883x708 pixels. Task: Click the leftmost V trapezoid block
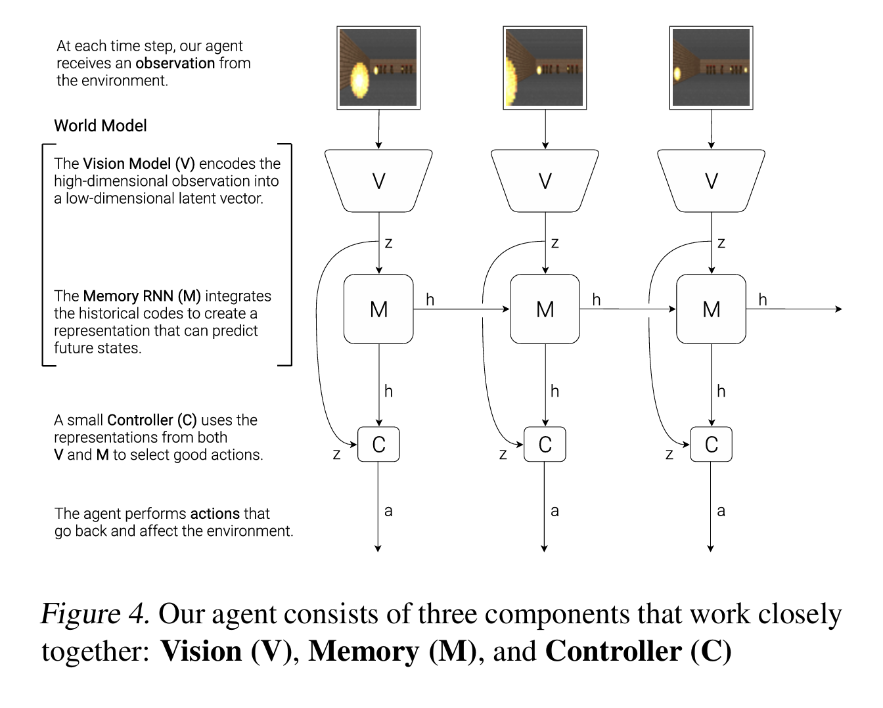click(x=378, y=181)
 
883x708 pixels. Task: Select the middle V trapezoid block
click(x=545, y=181)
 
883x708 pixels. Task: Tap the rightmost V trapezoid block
click(x=711, y=181)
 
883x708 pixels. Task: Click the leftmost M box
click(x=378, y=309)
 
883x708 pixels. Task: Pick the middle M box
click(x=545, y=309)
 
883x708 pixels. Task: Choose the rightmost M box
click(x=711, y=309)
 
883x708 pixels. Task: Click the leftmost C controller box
click(x=378, y=445)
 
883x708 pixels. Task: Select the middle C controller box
click(x=545, y=445)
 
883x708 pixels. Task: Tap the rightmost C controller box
click(x=711, y=445)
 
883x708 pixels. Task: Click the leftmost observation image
click(x=378, y=68)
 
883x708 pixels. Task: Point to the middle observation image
click(x=545, y=68)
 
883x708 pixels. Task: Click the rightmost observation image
click(x=711, y=68)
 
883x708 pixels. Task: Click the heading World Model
click(x=101, y=125)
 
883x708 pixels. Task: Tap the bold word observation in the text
click(x=175, y=64)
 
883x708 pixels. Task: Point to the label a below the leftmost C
click(x=388, y=511)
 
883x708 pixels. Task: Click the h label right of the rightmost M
click(x=763, y=300)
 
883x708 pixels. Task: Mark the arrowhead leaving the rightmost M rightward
click(x=838, y=309)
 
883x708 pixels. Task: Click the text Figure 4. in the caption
click(x=95, y=614)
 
